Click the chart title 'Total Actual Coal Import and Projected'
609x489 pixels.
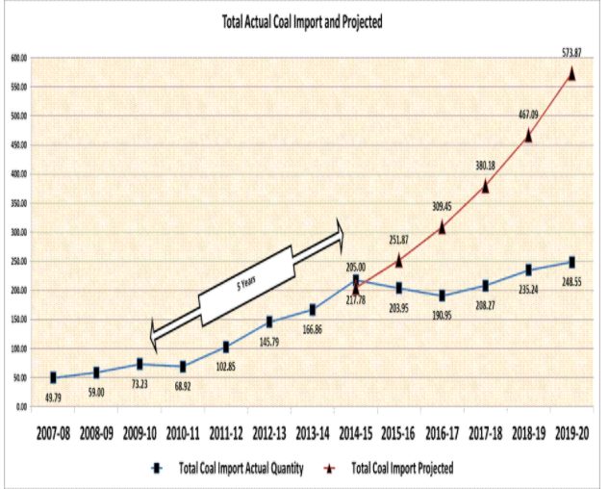point(303,22)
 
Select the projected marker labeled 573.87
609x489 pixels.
point(571,73)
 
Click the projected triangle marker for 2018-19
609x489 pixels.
point(528,136)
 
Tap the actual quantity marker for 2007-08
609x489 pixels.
point(53,378)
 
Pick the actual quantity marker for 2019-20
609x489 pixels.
point(571,262)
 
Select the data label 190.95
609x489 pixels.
point(443,315)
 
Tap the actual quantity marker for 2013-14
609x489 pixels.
point(313,310)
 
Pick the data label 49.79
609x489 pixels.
point(53,397)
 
